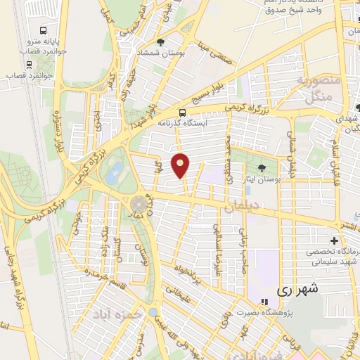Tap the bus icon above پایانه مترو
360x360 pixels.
click(x=44, y=32)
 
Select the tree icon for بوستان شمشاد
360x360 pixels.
click(x=162, y=42)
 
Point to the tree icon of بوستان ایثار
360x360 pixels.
click(x=262, y=167)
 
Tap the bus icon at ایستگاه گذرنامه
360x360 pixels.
click(x=183, y=112)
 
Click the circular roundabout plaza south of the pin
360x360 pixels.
click(x=137, y=205)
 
